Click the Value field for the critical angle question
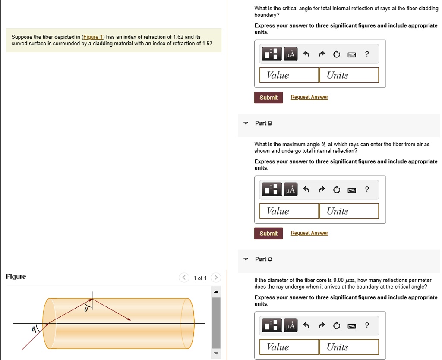(289, 75)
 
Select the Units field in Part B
(349, 211)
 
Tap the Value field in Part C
(289, 347)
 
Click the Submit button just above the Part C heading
(268, 234)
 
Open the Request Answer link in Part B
(309, 233)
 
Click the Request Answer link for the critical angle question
(309, 97)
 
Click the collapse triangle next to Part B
(246, 123)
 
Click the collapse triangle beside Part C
(246, 259)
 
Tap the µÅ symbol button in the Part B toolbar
(291, 190)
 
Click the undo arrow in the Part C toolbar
(306, 326)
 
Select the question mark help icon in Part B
(367, 190)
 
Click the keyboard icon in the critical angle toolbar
(351, 54)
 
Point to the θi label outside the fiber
(34, 329)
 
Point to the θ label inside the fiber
(85, 309)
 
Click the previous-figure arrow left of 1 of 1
(184, 278)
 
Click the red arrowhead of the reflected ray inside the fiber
(129, 319)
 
